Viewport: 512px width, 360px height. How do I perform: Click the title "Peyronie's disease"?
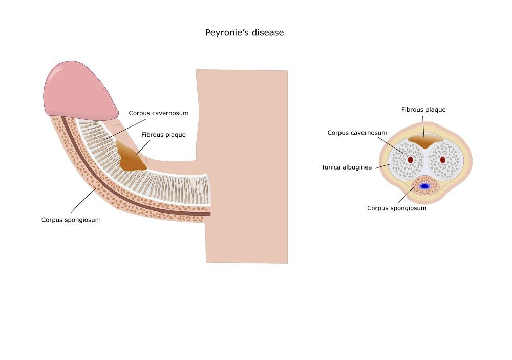point(244,33)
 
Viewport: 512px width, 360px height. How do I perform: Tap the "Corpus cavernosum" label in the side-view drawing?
point(159,113)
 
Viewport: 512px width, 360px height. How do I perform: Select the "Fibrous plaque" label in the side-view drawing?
point(163,135)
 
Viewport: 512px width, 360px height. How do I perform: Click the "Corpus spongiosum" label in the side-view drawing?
point(71,220)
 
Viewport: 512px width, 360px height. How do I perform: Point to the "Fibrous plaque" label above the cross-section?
point(423,110)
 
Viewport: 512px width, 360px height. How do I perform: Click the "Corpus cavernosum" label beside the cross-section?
point(357,133)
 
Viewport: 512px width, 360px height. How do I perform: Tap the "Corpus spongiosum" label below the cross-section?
point(396,208)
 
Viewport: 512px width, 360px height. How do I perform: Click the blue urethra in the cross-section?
point(424,186)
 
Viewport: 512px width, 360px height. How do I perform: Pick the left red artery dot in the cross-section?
point(410,160)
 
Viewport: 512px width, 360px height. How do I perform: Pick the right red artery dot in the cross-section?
point(443,160)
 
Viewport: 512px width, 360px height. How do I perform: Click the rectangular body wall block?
point(246,164)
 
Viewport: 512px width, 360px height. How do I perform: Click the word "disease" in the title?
point(267,33)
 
